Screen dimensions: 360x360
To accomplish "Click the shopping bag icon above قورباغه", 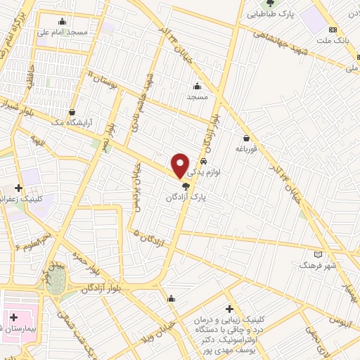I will (x=246, y=138).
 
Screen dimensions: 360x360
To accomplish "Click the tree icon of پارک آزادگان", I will (x=186, y=186).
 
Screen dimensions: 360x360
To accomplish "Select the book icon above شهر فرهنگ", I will (x=318, y=254).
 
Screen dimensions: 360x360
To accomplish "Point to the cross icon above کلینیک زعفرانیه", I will (x=18, y=188).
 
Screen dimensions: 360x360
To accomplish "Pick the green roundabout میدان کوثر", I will (x=55, y=276).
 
